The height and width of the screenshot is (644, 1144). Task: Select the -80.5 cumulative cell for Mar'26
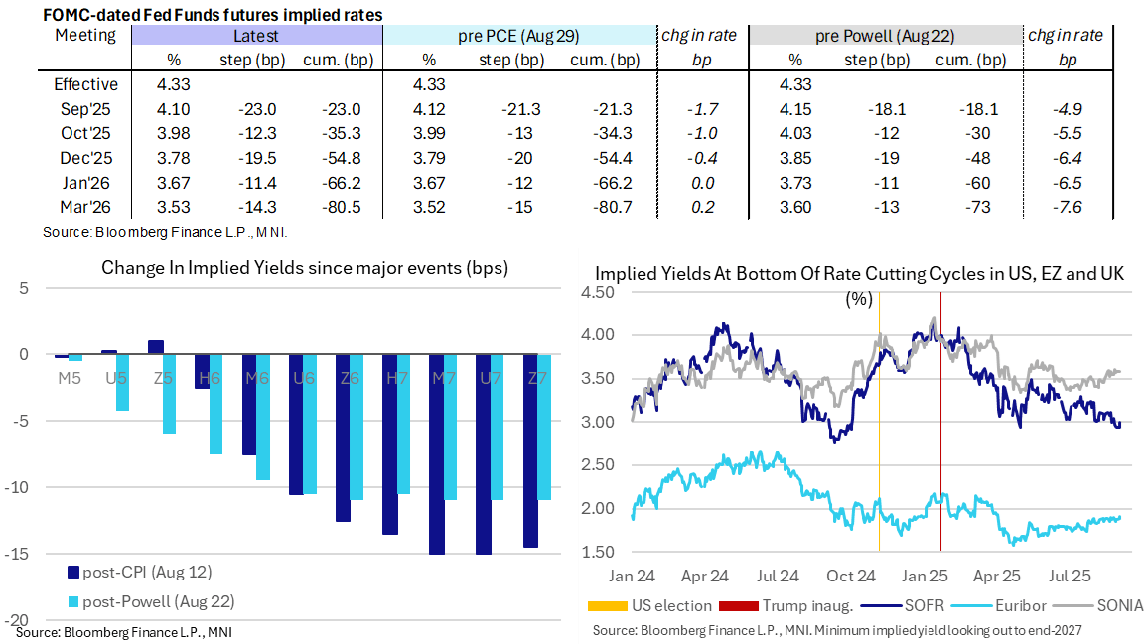(x=336, y=207)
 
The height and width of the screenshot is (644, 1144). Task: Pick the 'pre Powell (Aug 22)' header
(x=885, y=36)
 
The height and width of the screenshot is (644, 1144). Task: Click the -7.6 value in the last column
(x=1068, y=207)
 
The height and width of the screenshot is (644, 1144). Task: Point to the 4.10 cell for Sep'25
(x=174, y=109)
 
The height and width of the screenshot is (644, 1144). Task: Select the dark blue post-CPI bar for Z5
(x=155, y=346)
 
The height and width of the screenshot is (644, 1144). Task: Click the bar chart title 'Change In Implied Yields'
(x=305, y=268)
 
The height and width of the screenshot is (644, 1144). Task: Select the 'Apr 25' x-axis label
(x=997, y=575)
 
